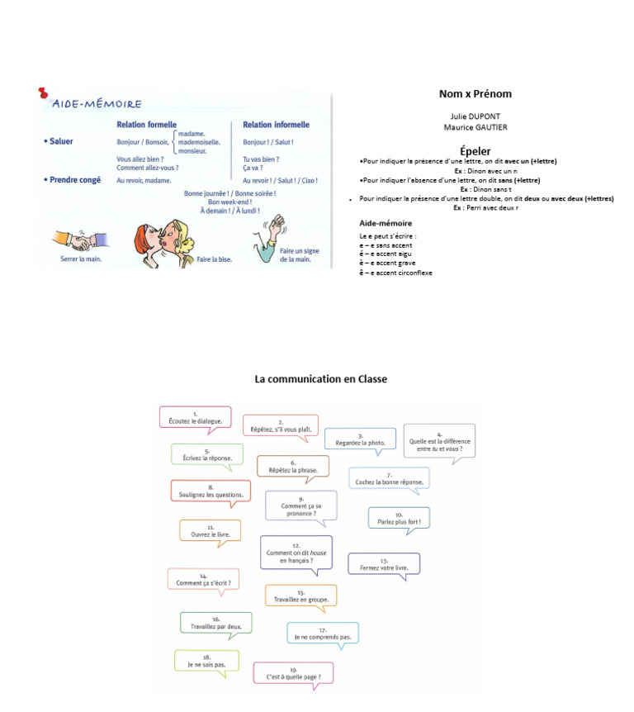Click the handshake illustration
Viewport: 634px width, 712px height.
pyautogui.click(x=75, y=240)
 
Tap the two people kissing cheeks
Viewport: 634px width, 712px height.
pyautogui.click(x=165, y=236)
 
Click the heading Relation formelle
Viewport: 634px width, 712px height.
pyautogui.click(x=146, y=126)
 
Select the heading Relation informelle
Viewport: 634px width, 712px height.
pyautogui.click(x=276, y=126)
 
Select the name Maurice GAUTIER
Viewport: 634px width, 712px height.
pyautogui.click(x=475, y=127)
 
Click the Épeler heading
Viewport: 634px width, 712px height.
pyautogui.click(x=475, y=150)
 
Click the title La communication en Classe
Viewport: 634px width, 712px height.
pyautogui.click(x=320, y=379)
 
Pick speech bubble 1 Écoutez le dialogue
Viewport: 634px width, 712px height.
pyautogui.click(x=195, y=418)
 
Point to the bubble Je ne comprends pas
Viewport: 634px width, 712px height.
pyautogui.click(x=323, y=634)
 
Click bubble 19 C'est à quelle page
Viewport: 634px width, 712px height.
pyautogui.click(x=293, y=674)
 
